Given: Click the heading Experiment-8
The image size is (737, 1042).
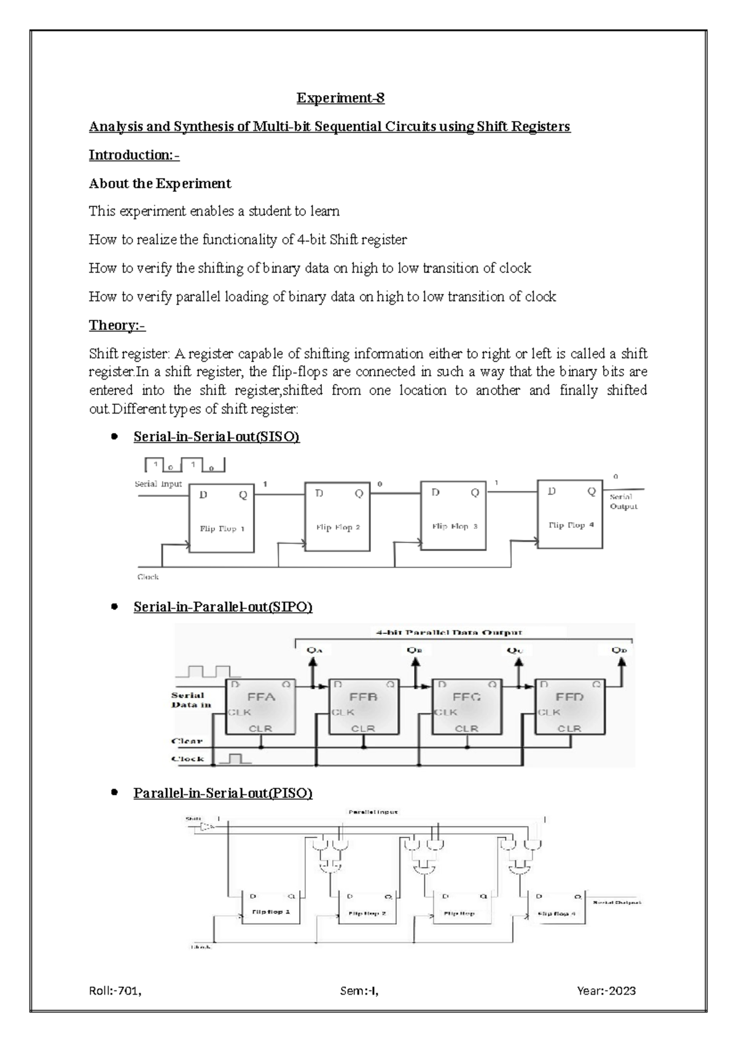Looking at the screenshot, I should tap(340, 98).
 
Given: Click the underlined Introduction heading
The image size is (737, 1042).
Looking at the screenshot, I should tap(134, 155).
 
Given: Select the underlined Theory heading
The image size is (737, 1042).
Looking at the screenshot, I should tap(117, 325).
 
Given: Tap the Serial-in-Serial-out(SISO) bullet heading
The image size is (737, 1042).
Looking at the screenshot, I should tap(216, 437).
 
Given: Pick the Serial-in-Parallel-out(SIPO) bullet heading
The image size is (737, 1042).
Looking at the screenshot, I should tap(223, 607).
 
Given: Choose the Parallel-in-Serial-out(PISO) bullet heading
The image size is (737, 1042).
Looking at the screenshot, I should tap(223, 793).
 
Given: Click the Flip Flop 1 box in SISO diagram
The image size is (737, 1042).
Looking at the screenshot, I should tap(221, 518).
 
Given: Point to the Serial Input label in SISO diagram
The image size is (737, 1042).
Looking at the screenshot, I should tap(158, 484).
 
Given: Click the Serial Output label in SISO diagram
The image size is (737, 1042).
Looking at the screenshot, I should tap(623, 501).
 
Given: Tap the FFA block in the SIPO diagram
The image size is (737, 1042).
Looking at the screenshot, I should tap(260, 707).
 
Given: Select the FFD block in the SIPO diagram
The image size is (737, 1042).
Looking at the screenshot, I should tap(569, 707).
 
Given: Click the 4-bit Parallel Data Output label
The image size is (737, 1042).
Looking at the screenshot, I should tap(448, 632).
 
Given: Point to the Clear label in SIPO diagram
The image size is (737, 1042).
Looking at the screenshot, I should tap(187, 741).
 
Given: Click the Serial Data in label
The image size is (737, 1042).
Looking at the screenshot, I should tap(190, 700).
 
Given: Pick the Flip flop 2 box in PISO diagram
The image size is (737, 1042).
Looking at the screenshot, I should tap(367, 907).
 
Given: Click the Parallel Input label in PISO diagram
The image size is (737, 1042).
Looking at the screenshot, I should tap(373, 812).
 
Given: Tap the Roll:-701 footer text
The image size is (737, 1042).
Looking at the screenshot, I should tap(115, 990).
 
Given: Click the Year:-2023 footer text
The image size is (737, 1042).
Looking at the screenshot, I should tap(606, 990).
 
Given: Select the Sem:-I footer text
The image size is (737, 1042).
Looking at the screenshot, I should tap(359, 990).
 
